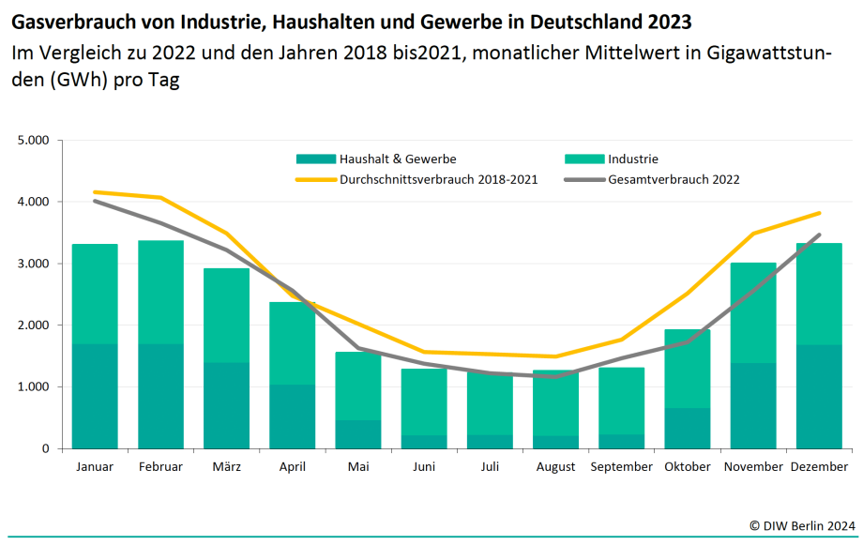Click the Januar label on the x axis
(95, 466)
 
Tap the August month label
(556, 466)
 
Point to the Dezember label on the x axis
(819, 466)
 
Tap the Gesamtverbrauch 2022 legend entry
(674, 179)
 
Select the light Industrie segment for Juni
(424, 401)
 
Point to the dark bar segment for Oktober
(688, 428)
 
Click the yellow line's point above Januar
(95, 191)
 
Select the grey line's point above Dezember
(819, 235)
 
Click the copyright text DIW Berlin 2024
(802, 526)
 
